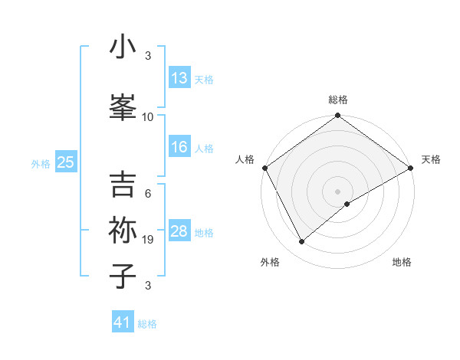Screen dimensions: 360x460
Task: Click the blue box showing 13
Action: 179,77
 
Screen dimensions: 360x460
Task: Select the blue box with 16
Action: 179,148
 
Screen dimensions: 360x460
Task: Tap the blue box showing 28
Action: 179,232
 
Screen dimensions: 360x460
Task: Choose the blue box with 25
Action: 65,162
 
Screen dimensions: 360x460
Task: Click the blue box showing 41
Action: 123,322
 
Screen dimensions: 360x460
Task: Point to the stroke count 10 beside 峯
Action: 148,117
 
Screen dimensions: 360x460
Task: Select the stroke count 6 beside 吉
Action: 148,194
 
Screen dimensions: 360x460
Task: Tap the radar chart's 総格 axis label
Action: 337,100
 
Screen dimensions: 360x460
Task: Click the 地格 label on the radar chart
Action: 402,262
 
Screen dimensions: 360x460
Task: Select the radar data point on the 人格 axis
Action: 264,168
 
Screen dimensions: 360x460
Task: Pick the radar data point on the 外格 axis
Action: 302,242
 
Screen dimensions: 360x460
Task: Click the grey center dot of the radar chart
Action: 337,191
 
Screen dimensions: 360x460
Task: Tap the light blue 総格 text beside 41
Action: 147,324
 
